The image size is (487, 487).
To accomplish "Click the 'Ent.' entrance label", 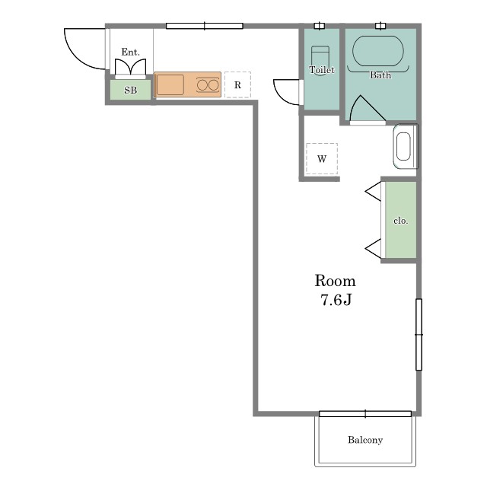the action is click(130, 52).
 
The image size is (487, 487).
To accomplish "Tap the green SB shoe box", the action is click(130, 90).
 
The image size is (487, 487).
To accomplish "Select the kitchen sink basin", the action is click(170, 84).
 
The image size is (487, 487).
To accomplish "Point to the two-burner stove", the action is click(208, 84).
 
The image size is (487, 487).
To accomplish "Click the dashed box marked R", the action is click(237, 84).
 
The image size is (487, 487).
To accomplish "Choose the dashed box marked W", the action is click(322, 159).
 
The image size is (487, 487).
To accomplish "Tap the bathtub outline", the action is click(378, 51).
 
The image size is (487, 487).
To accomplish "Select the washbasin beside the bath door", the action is click(405, 146).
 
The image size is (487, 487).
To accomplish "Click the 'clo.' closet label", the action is click(400, 221).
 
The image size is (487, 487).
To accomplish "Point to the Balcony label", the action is click(365, 440).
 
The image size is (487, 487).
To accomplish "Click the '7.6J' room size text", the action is click(336, 300).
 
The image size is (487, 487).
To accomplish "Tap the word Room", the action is click(335, 281).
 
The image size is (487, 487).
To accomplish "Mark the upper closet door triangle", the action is click(373, 191).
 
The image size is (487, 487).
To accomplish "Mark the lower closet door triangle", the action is click(373, 249).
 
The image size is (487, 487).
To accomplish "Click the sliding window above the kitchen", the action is click(205, 26).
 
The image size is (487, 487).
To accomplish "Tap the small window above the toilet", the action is click(320, 26).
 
